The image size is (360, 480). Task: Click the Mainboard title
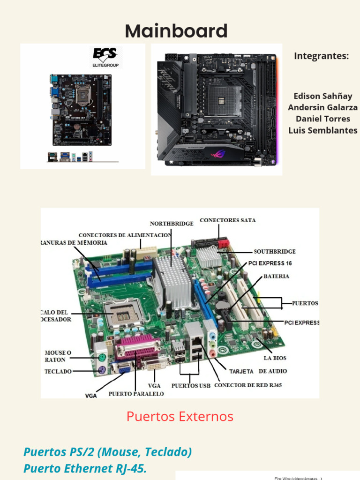(x=176, y=31)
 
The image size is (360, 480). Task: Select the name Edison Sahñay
(x=322, y=96)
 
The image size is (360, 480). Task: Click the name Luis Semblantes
(x=322, y=130)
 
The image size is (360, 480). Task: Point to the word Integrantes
(x=322, y=56)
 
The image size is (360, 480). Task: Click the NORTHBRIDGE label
(x=172, y=224)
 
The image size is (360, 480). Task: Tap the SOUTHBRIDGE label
(x=275, y=251)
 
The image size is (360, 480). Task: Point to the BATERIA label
(x=276, y=277)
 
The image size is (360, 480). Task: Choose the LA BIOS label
(x=275, y=358)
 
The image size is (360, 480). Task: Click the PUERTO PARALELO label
(x=136, y=394)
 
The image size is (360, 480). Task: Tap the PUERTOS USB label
(x=191, y=386)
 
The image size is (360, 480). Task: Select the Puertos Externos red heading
(x=180, y=416)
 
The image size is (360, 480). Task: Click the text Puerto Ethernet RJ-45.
(x=85, y=469)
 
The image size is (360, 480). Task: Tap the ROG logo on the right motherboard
(x=217, y=154)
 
